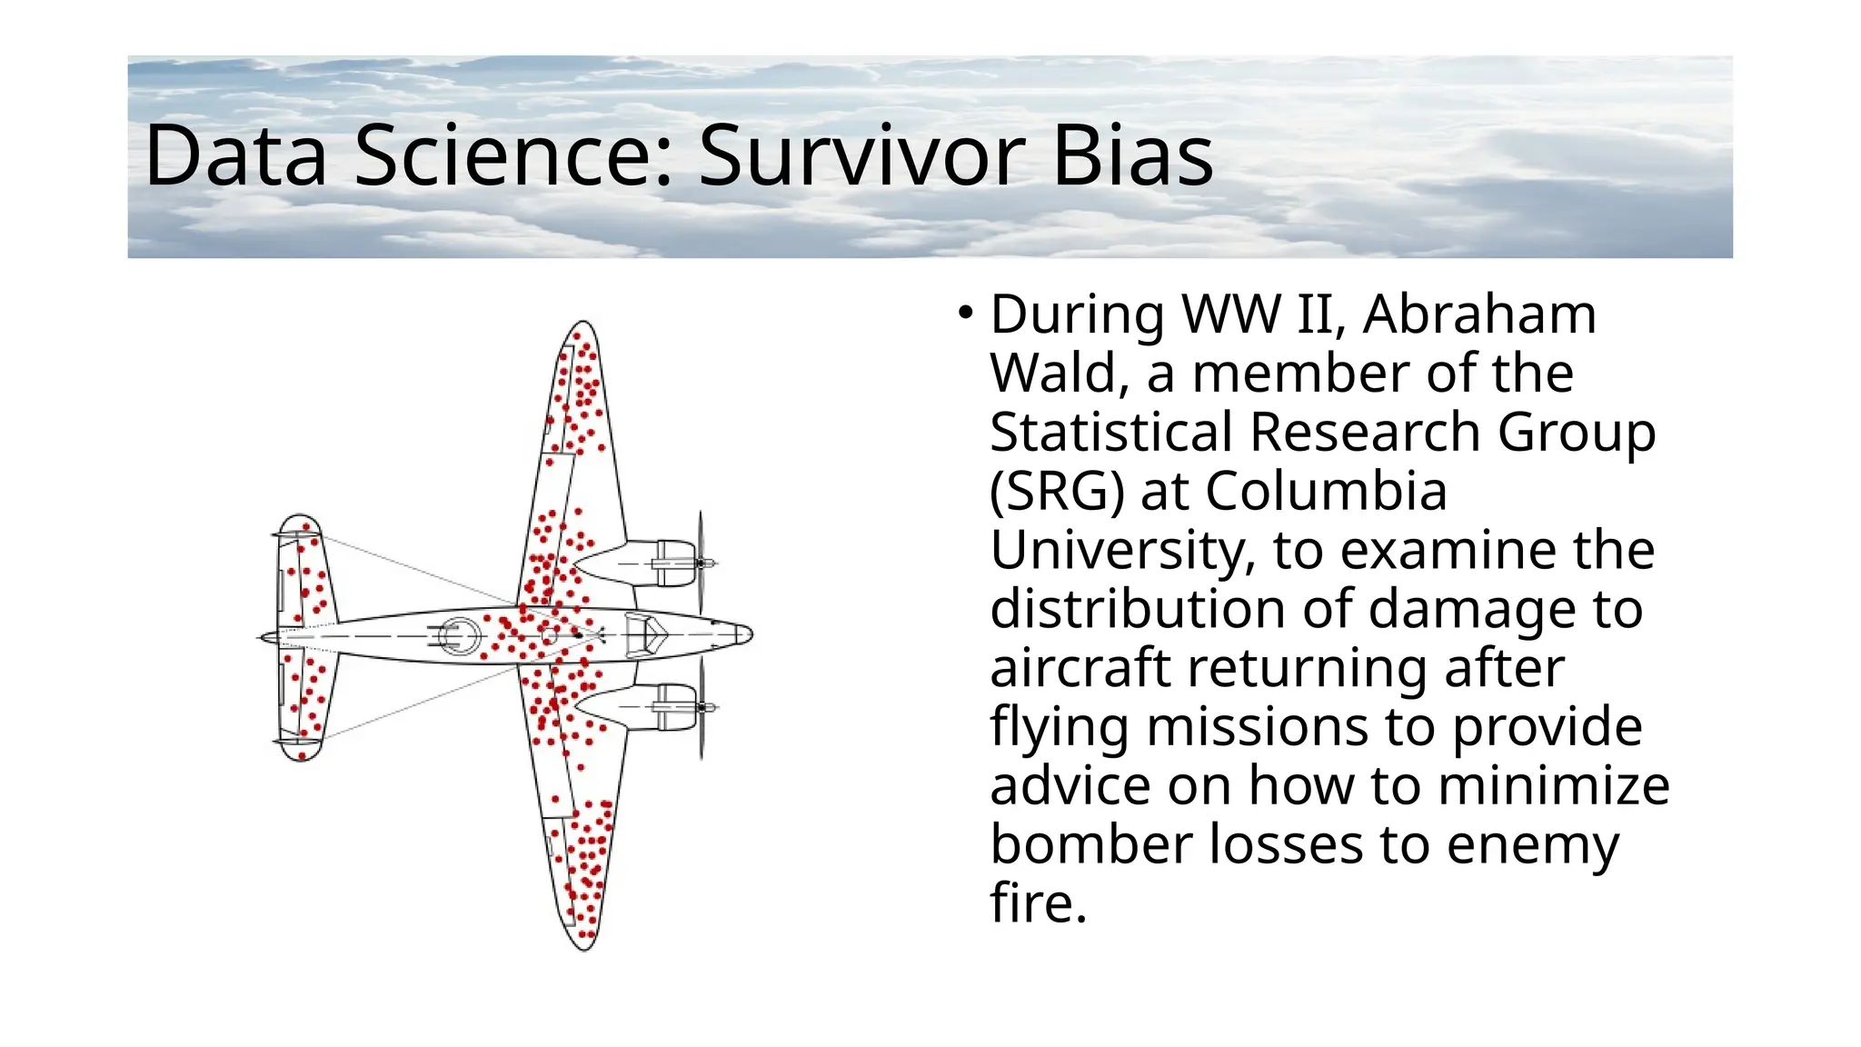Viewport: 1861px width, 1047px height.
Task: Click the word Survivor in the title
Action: pyautogui.click(x=860, y=156)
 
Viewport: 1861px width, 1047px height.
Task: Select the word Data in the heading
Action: pyautogui.click(x=235, y=156)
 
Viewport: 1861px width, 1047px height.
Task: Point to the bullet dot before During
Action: pyautogui.click(x=965, y=314)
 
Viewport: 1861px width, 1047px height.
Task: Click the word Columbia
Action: pyautogui.click(x=1326, y=492)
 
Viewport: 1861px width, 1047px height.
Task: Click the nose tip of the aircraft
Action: pyautogui.click(x=749, y=633)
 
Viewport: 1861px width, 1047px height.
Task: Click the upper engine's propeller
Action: pyautogui.click(x=701, y=563)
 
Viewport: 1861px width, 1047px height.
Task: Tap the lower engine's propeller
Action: pyautogui.click(x=702, y=707)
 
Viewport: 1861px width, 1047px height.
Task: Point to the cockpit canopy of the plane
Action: pyautogui.click(x=647, y=633)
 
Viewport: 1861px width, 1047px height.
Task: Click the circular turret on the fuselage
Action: pyautogui.click(x=459, y=635)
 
